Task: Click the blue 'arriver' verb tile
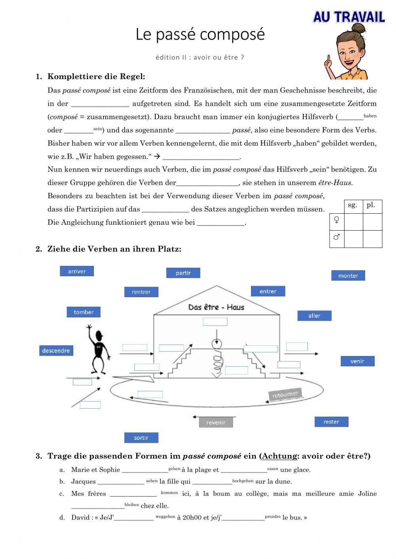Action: tap(77, 271)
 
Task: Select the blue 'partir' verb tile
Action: tap(183, 273)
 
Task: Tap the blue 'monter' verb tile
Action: tap(348, 275)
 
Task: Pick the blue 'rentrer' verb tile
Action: tap(141, 292)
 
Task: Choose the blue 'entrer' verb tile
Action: tap(268, 292)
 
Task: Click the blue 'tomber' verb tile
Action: tap(84, 312)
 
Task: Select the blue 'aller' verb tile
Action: tap(314, 316)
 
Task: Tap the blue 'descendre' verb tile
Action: tap(56, 351)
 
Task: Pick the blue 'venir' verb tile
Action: tap(357, 361)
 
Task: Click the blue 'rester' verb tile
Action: tap(331, 422)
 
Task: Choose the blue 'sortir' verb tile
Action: tap(141, 438)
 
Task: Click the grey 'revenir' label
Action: tap(216, 423)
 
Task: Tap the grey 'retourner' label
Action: tap(285, 394)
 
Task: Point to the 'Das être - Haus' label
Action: tap(216, 307)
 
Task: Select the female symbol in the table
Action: tap(337, 220)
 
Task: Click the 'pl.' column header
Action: tap(371, 205)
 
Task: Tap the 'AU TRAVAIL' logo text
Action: tap(349, 17)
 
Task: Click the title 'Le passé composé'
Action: tap(200, 34)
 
